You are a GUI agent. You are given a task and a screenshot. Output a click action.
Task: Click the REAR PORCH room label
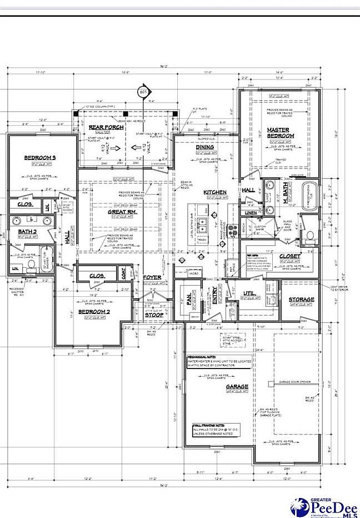click(x=106, y=127)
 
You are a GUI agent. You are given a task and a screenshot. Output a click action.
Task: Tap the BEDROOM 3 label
click(x=41, y=158)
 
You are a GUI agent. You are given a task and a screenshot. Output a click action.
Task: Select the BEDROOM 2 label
click(x=93, y=312)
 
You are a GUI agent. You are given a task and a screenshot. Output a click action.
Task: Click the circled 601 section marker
click(x=144, y=92)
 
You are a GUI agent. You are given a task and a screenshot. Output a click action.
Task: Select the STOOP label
click(x=154, y=315)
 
